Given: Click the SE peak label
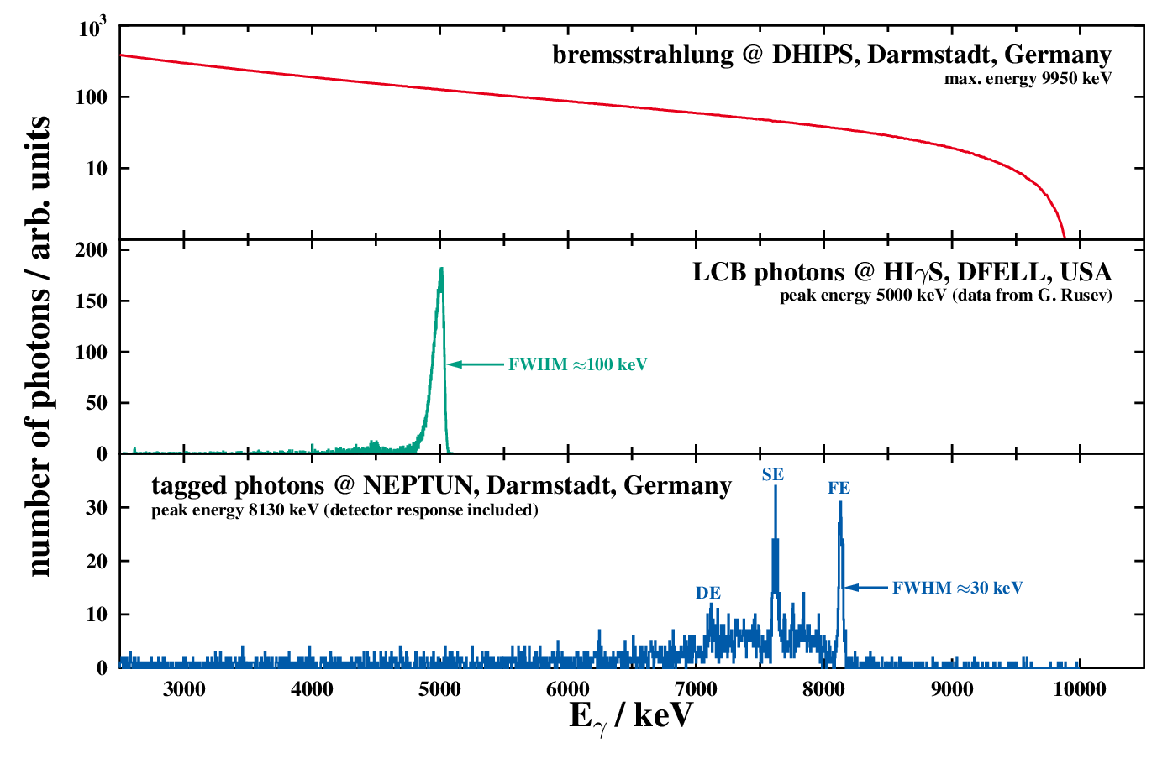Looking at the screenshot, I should click(x=773, y=475).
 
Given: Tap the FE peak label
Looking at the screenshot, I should click(x=839, y=489).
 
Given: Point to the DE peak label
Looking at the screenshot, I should click(x=708, y=594).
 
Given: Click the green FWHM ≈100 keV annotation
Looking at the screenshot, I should click(x=577, y=365).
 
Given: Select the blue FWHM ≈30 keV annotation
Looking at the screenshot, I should click(x=957, y=589).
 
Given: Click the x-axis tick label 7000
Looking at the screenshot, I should click(x=697, y=690).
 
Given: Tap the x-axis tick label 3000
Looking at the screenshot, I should click(x=184, y=690).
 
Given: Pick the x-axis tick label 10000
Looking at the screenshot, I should click(x=1079, y=690).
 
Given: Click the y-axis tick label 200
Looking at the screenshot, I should click(x=92, y=250).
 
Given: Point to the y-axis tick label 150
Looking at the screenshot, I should click(x=92, y=301).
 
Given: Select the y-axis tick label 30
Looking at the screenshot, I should click(x=97, y=508).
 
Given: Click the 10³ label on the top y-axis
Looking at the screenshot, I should click(x=92, y=29).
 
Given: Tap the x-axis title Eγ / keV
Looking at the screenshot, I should click(x=631, y=716).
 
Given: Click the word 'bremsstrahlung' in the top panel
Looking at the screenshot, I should click(x=643, y=55).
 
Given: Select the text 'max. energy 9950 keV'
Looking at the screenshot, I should click(x=1028, y=79).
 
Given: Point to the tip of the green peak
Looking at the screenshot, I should click(x=441, y=269).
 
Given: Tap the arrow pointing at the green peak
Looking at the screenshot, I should click(x=476, y=364).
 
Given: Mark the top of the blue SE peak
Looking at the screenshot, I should click(x=776, y=488).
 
